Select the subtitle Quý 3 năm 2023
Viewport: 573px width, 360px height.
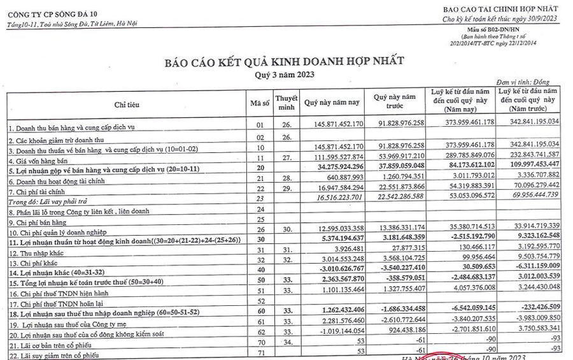(283, 74)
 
